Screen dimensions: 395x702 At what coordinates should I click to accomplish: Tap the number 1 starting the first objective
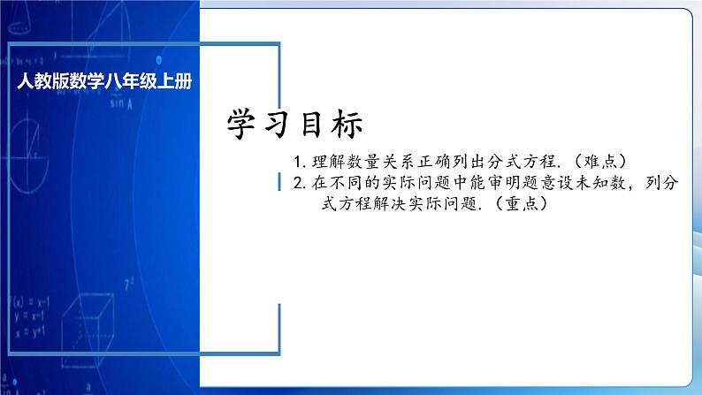click(x=299, y=163)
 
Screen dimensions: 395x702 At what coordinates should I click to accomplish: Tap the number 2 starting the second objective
click(x=299, y=185)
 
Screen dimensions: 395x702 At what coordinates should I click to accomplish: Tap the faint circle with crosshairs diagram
click(x=34, y=141)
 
